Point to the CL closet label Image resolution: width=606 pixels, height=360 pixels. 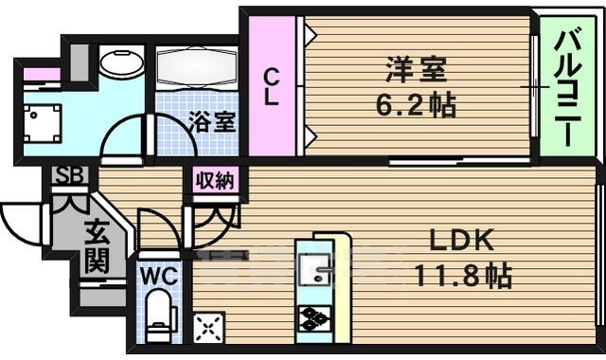point(272,85)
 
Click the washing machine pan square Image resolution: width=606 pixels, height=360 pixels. point(40,122)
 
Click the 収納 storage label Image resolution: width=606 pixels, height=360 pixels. point(214,180)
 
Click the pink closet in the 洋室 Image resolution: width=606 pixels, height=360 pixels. point(272,85)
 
